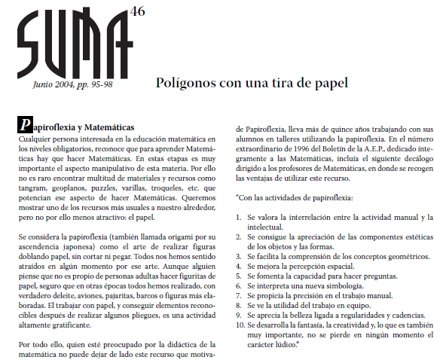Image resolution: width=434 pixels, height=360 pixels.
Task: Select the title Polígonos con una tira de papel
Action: click(251, 82)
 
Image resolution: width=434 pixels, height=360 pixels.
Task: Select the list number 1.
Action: click(239, 218)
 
